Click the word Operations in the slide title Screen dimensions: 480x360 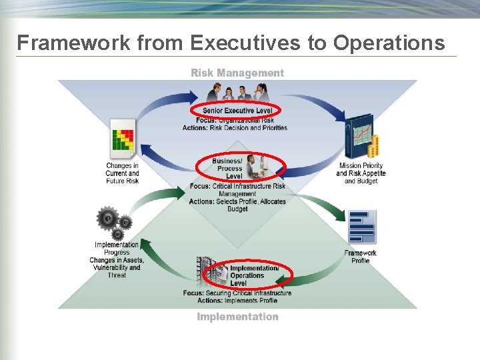(389, 43)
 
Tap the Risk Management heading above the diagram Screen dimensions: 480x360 (237, 73)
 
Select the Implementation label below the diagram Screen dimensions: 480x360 (237, 317)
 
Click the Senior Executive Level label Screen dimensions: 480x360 (237, 110)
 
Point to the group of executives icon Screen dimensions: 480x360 (238, 92)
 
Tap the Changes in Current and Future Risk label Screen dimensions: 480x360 (122, 173)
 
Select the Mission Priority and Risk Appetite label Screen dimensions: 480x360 (361, 173)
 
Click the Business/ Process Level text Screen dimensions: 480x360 (229, 169)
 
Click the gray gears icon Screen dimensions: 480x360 (113, 223)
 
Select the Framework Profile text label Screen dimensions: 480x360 (361, 257)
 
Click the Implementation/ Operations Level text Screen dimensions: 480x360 (249, 275)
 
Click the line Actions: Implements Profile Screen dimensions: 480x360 (237, 301)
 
